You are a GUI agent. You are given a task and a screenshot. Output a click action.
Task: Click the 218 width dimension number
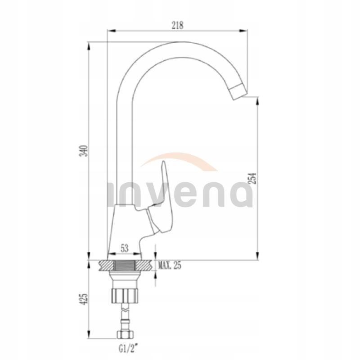tap(178, 26)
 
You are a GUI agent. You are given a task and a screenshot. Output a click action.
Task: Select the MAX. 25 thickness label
tap(170, 265)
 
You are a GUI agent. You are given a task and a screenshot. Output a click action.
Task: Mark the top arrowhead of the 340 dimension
tap(89, 45)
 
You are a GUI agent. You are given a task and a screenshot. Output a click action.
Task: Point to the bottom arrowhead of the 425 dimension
tap(89, 337)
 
